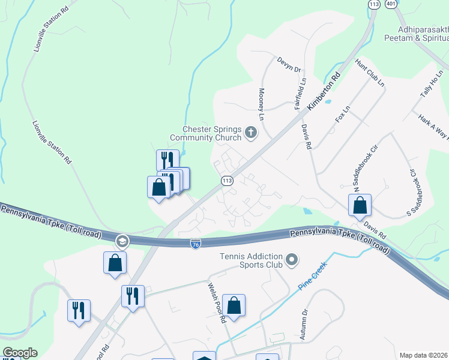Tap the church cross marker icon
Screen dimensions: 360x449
click(x=251, y=133)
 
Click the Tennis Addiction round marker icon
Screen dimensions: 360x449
click(x=292, y=260)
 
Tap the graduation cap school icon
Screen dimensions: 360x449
click(x=122, y=241)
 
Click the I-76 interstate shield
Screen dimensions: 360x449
click(x=196, y=243)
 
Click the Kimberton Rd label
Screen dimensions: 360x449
click(x=324, y=91)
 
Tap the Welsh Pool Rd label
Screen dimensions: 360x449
click(x=217, y=305)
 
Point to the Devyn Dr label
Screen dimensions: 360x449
click(x=288, y=64)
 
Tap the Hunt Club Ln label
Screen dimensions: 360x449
click(x=370, y=73)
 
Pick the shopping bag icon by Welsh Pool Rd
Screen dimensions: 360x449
click(x=234, y=305)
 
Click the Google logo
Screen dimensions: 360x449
click(x=20, y=353)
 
